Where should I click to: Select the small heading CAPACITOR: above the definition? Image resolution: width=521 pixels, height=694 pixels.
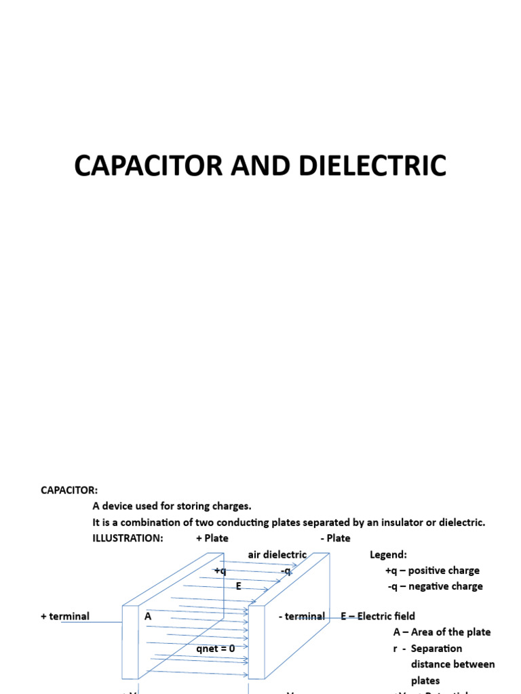click(x=69, y=490)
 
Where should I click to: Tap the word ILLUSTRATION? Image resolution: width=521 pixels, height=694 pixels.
click(x=128, y=538)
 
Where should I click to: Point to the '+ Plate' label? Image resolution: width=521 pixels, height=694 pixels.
click(x=212, y=538)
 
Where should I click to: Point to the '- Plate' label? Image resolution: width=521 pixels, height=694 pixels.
click(x=335, y=538)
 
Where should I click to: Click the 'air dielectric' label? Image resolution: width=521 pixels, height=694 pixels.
click(x=277, y=554)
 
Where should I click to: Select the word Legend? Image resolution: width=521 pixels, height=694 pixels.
click(x=388, y=554)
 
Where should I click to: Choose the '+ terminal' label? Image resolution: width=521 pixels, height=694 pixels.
click(x=65, y=616)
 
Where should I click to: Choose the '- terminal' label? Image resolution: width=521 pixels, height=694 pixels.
click(x=301, y=616)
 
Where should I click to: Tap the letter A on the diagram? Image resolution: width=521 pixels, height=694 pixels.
click(x=148, y=616)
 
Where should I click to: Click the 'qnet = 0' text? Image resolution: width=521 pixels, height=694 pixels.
click(x=216, y=649)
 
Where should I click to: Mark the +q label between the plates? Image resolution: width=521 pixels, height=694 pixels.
click(x=220, y=571)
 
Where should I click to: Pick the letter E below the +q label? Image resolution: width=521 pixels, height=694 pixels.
click(x=239, y=586)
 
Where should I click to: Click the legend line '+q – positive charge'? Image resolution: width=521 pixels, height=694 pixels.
click(x=432, y=571)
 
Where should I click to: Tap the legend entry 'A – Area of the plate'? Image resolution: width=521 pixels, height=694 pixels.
click(x=442, y=632)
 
